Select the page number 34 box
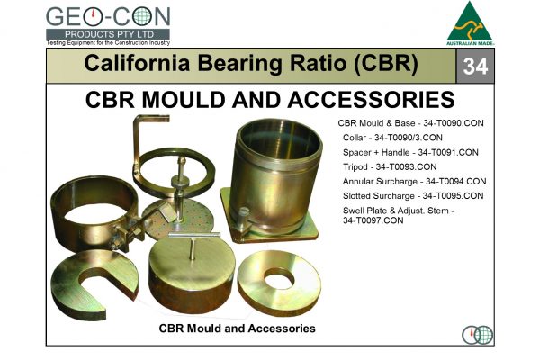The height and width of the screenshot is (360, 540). point(478,66)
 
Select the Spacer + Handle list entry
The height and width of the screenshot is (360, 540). point(414,152)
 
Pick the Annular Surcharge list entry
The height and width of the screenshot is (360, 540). point(415,181)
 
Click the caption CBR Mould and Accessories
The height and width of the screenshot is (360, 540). point(237,328)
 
